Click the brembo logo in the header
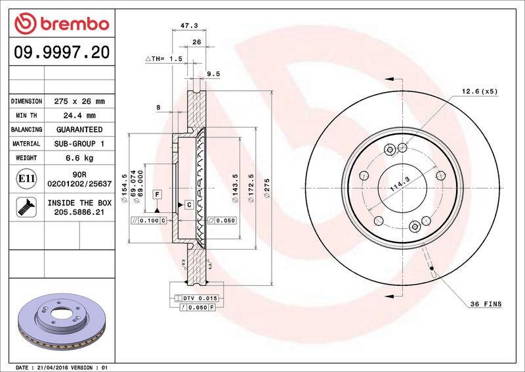pyautogui.click(x=62, y=24)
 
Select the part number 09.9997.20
pyautogui.click(x=62, y=53)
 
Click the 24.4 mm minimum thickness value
pyautogui.click(x=79, y=116)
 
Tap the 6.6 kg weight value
pyautogui.click(x=79, y=158)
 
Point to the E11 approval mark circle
pyautogui.click(x=26, y=179)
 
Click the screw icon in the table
pyautogui.click(x=26, y=207)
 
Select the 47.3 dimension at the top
pyautogui.click(x=189, y=25)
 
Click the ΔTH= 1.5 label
pyautogui.click(x=164, y=58)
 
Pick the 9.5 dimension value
pyautogui.click(x=213, y=74)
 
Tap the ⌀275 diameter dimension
pyautogui.click(x=266, y=188)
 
